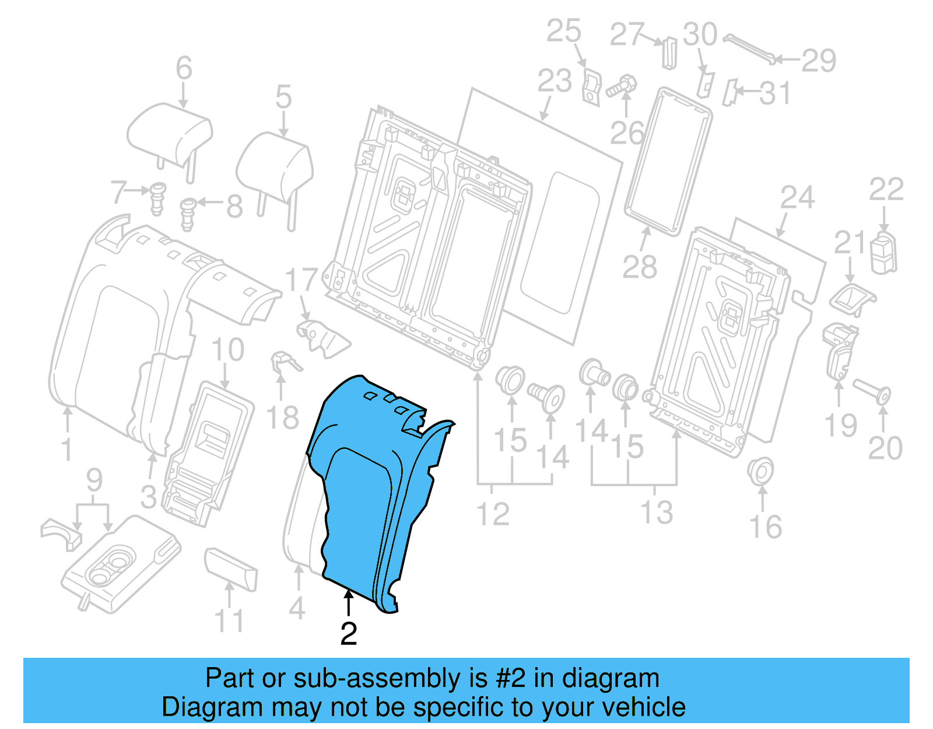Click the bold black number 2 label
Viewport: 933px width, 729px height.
[349, 634]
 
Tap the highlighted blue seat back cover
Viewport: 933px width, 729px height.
[362, 496]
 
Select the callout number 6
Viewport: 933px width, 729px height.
[184, 68]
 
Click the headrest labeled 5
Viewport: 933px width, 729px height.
[274, 166]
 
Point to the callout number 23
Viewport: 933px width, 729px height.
[554, 81]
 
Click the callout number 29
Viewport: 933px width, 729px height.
[819, 61]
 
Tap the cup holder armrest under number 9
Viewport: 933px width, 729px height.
[120, 563]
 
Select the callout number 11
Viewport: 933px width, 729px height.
[229, 621]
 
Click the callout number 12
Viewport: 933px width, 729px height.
[493, 514]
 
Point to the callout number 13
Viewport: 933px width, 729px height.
[657, 512]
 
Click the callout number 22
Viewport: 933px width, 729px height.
[886, 190]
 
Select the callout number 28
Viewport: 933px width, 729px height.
[640, 267]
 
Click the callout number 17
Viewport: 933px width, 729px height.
[301, 280]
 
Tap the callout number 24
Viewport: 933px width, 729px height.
[797, 198]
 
